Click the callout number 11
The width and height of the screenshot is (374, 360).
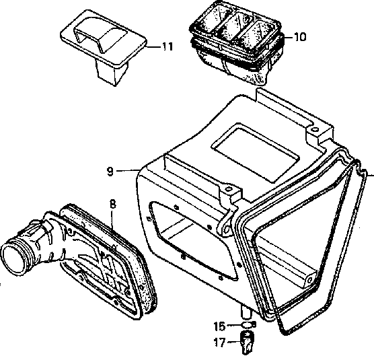coord(167,46)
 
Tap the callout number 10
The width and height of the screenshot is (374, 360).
coord(300,37)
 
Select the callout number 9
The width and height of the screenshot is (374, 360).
coord(110,172)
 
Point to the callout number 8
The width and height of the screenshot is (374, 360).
coord(112,204)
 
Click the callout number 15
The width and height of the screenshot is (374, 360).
coord(220,326)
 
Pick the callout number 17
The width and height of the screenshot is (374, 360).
coord(220,343)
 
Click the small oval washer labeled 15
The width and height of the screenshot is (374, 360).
coord(248,324)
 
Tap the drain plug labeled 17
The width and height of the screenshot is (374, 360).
coord(247,343)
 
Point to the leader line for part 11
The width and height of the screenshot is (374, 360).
coord(153,46)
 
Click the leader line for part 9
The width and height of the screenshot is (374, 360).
coord(128,170)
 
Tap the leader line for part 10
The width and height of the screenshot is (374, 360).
coord(289,37)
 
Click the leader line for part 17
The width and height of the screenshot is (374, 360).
coord(234,342)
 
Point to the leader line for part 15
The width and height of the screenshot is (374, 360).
coord(234,325)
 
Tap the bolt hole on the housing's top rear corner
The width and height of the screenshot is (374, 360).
coord(315,130)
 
